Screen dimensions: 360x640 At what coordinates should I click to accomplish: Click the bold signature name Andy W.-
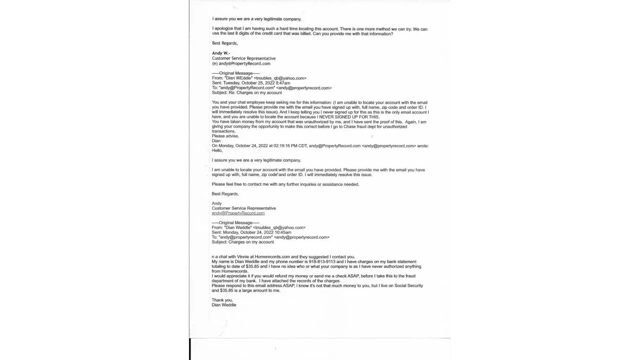(x=221, y=53)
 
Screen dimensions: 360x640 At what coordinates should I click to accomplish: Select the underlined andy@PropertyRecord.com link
(x=238, y=213)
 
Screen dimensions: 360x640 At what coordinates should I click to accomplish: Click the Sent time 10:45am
(x=283, y=233)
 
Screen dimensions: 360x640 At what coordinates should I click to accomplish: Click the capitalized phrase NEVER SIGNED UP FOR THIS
(x=348, y=117)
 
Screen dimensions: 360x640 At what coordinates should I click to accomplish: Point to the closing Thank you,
(x=222, y=300)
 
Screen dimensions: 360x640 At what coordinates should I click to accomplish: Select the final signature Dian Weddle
(x=224, y=305)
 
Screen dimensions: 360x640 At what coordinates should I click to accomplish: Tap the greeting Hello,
(x=217, y=151)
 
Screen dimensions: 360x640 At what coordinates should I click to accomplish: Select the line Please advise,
(x=225, y=136)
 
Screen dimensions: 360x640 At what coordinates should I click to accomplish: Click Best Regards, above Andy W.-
(x=225, y=43)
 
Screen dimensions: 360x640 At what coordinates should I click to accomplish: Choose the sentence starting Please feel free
(x=285, y=184)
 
